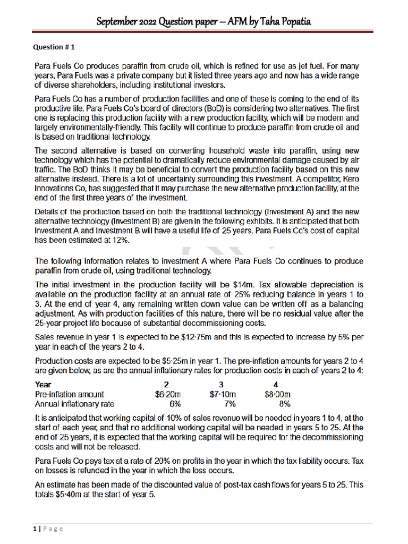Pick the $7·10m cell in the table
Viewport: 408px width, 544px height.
(x=223, y=394)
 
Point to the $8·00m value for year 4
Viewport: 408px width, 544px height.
(x=277, y=394)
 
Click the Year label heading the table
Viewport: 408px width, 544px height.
(x=44, y=385)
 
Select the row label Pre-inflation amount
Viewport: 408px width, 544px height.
(x=69, y=394)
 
